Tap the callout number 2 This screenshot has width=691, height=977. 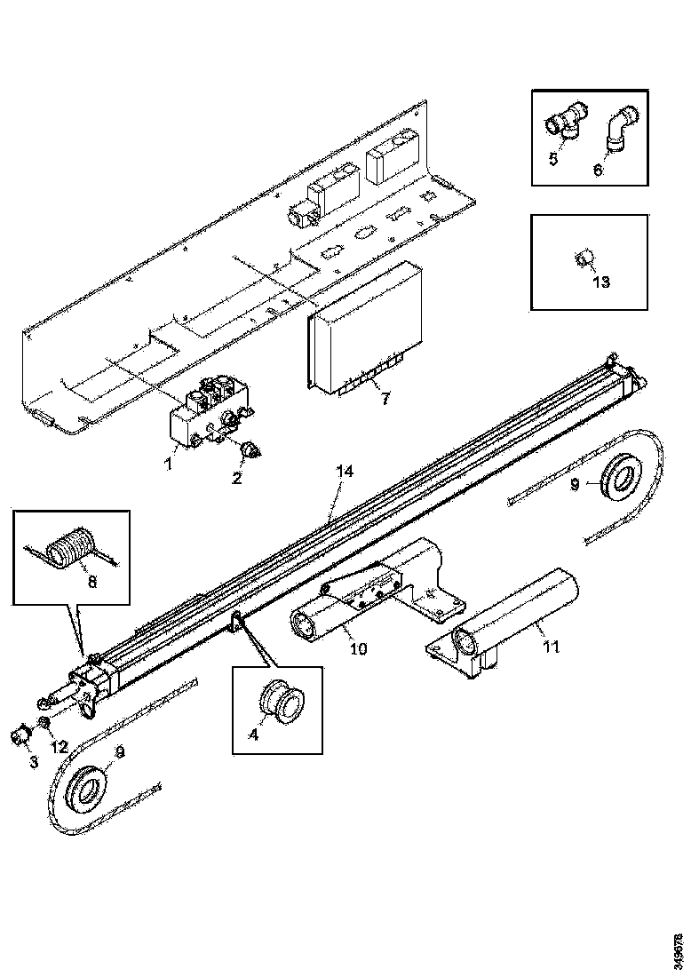(x=237, y=479)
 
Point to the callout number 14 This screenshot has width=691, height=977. (x=345, y=473)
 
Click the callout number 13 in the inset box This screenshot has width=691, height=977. (x=601, y=282)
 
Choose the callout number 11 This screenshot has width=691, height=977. (x=551, y=647)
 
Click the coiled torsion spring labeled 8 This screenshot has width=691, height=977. (x=68, y=544)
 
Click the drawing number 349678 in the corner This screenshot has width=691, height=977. (x=679, y=942)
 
